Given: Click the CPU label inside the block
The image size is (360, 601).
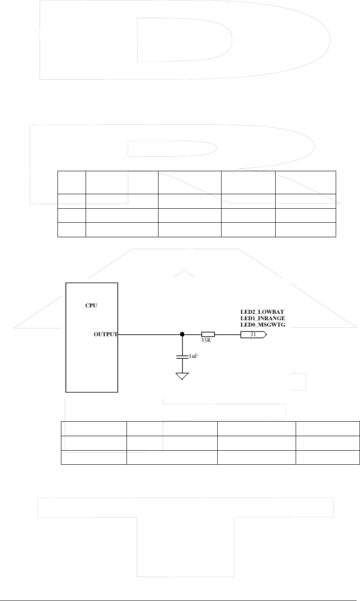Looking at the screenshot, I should point(92,306).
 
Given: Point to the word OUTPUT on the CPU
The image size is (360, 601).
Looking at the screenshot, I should point(105,335).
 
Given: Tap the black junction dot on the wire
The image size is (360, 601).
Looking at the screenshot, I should point(182,335).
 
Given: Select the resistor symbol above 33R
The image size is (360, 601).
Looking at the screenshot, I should point(208,335).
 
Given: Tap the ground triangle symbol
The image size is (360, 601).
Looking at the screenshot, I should point(182,376).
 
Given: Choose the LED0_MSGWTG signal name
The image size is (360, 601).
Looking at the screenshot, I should point(263,325).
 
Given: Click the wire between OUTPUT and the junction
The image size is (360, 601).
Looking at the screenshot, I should point(149,335).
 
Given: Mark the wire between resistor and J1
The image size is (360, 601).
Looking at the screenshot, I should point(227,335).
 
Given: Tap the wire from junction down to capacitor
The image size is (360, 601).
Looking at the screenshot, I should point(182,345).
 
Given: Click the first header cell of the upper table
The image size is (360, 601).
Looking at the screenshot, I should point(72,182).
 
